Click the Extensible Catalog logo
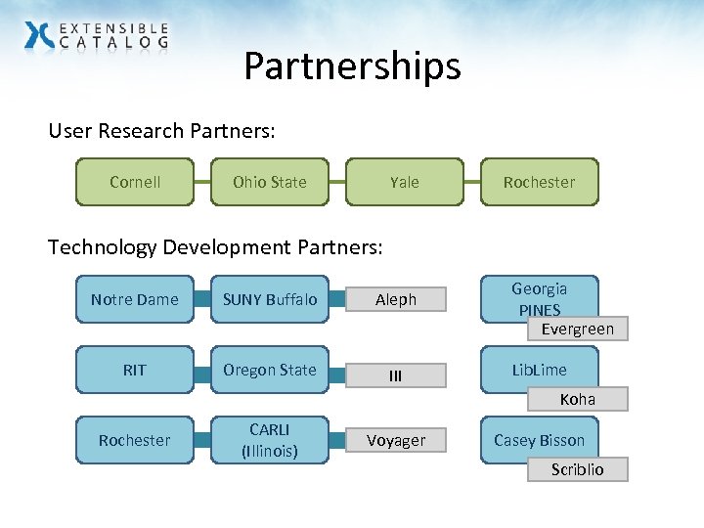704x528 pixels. pos(96,35)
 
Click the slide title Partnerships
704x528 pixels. pos(352,66)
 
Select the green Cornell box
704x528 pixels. pos(135,182)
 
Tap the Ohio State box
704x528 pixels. pos(270,182)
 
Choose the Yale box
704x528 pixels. pos(404,182)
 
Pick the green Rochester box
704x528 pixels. pos(539,182)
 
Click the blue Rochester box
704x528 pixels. pos(135,440)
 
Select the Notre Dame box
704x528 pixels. pos(135,299)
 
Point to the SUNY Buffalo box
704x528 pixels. pos(270,299)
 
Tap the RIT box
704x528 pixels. pos(135,370)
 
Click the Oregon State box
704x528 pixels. pos(270,370)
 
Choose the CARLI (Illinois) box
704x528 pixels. pos(270,440)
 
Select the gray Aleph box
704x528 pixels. pos(396,299)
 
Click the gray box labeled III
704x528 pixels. pos(396,375)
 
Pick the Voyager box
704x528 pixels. pos(396,441)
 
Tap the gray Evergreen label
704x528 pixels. pos(577,329)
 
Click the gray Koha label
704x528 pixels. pos(577,399)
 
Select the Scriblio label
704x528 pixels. pos(577,469)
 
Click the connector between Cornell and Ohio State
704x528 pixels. pos(202,182)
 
